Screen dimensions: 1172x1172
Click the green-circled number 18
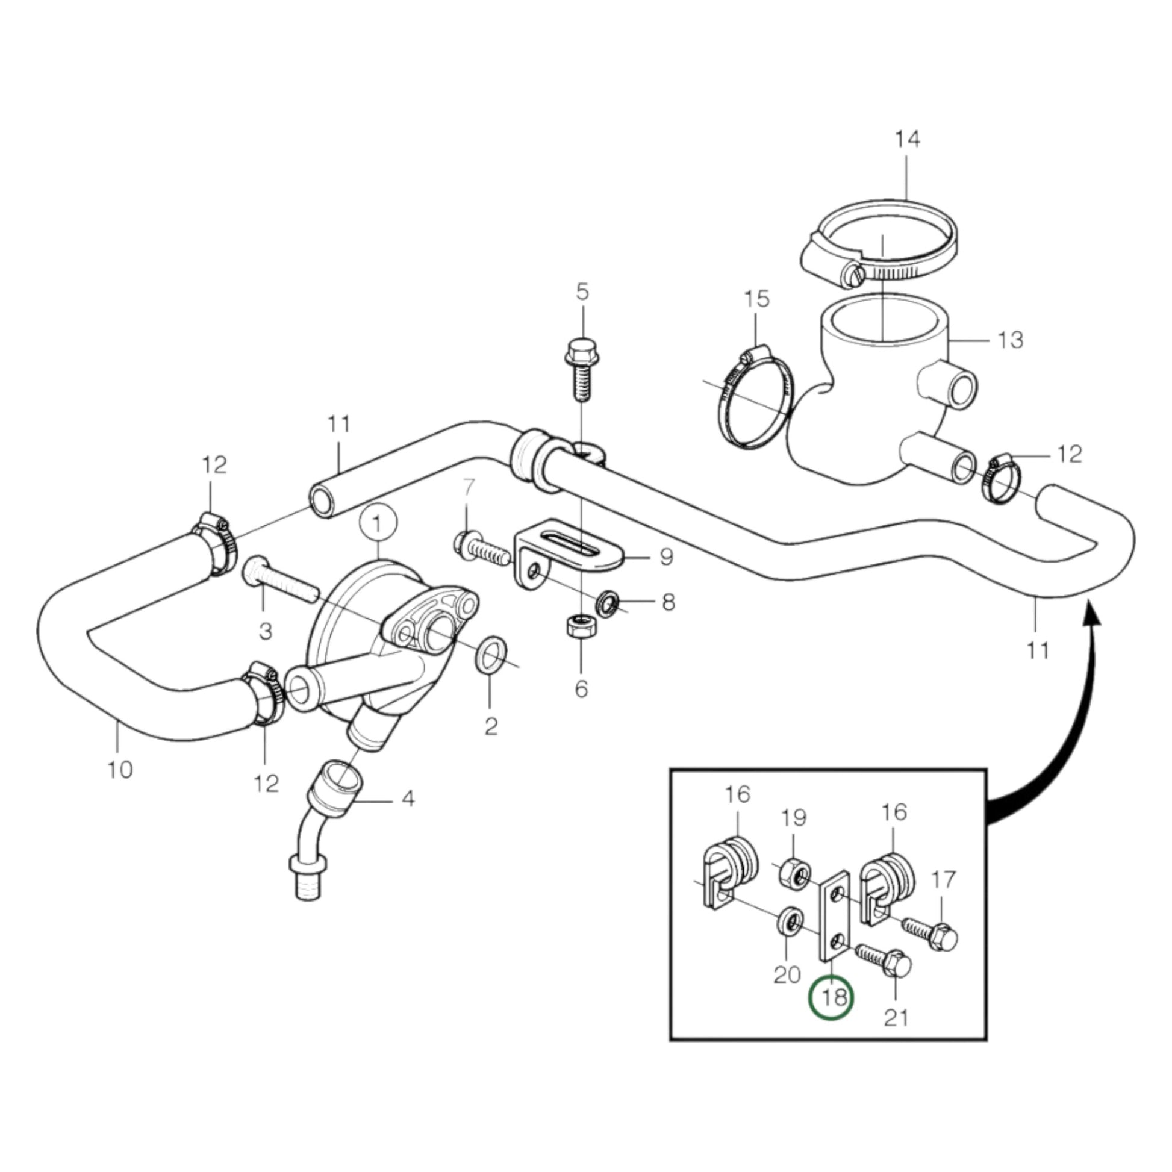pyautogui.click(x=832, y=997)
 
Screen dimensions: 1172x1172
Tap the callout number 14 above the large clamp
pyautogui.click(x=907, y=140)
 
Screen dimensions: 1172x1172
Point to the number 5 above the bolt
pyautogui.click(x=582, y=291)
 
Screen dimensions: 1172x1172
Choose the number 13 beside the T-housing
pyautogui.click(x=1011, y=340)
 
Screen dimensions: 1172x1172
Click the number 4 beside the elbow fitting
pyautogui.click(x=409, y=798)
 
